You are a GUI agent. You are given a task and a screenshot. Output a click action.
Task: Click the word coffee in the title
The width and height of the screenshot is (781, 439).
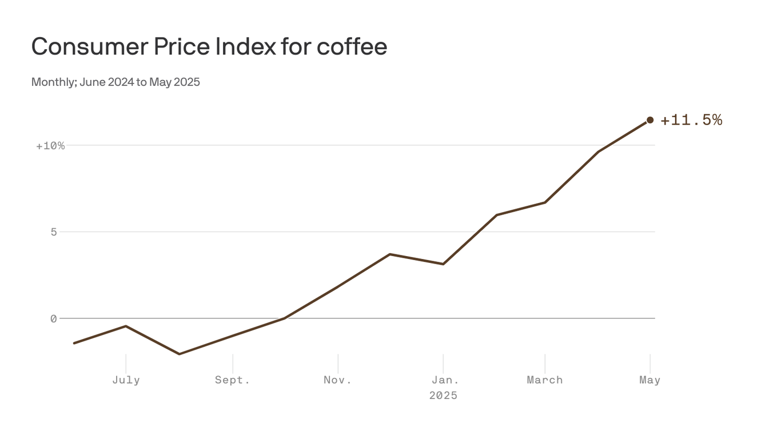[x=352, y=47]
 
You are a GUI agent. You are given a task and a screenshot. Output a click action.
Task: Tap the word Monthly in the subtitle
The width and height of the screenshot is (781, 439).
[x=53, y=82]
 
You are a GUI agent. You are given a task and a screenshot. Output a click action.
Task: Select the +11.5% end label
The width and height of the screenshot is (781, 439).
[x=691, y=120]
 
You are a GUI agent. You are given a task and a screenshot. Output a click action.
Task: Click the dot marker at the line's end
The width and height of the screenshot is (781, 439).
[x=650, y=120]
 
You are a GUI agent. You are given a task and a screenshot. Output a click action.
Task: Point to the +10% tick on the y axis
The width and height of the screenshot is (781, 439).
[x=50, y=146]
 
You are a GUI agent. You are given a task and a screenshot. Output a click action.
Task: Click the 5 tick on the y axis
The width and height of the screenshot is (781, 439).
[x=54, y=232]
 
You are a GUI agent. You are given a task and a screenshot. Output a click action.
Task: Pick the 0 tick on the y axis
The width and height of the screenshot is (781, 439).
[x=54, y=318]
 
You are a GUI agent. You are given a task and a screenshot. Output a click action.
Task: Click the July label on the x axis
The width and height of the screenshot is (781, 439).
[x=126, y=380]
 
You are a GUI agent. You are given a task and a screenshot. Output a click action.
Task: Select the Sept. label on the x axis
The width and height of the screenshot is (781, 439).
[x=233, y=380]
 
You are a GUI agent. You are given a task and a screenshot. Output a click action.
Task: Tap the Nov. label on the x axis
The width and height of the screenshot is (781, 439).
[x=338, y=380]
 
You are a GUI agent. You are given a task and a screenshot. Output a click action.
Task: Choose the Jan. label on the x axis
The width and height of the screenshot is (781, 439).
[x=443, y=380]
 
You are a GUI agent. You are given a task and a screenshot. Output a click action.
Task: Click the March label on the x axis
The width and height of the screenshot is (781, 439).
[x=545, y=380]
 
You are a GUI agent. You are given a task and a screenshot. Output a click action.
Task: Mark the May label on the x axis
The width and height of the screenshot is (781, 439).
[x=650, y=380]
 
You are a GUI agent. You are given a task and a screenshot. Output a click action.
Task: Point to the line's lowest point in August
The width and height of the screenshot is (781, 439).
[x=179, y=354]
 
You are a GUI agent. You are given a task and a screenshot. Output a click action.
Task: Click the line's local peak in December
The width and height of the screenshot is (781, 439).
[x=390, y=254]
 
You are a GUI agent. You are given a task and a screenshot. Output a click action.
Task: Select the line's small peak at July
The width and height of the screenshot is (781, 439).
[x=126, y=326]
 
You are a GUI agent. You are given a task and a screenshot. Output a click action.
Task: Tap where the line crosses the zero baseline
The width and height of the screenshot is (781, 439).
[x=285, y=318]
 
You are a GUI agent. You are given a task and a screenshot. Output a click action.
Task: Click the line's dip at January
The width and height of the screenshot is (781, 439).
[x=443, y=264]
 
